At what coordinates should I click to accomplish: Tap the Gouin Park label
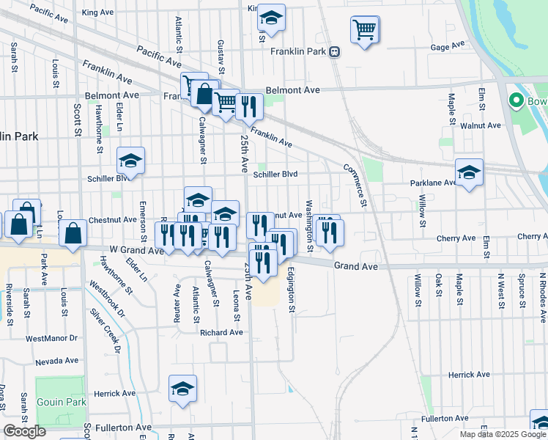coord(62,402)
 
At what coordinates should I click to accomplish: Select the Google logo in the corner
coord(24,432)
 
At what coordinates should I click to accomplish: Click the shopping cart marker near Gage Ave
coord(364,30)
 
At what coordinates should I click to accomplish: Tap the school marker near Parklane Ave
coord(469,173)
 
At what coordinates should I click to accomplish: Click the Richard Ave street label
coord(221,332)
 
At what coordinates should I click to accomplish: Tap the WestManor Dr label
coord(51,338)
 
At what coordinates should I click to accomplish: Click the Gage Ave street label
coord(448,46)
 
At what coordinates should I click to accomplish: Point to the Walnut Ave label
coord(481,125)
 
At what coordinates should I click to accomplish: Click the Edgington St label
coord(291,290)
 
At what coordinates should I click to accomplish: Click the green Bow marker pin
coord(516,101)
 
